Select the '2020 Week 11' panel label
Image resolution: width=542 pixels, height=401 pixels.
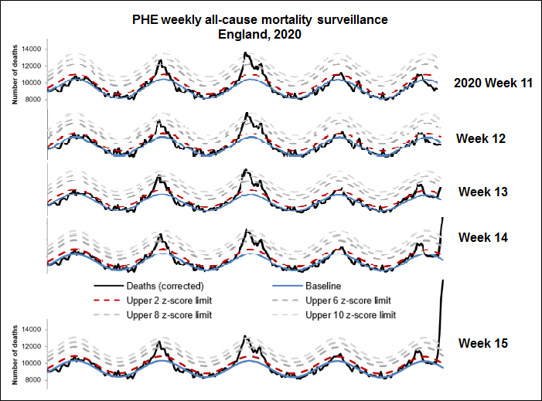click(x=492, y=83)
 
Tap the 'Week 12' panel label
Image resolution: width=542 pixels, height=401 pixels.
click(x=480, y=138)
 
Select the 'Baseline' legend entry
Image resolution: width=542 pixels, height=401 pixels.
click(x=324, y=287)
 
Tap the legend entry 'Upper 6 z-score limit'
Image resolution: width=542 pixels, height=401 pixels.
click(x=349, y=301)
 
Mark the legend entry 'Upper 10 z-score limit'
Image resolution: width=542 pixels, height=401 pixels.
click(x=351, y=314)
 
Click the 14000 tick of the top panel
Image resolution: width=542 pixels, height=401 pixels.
click(x=32, y=49)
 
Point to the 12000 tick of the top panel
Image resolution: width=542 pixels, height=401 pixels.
click(x=32, y=66)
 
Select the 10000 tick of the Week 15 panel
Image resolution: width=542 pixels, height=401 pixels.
click(x=32, y=363)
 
